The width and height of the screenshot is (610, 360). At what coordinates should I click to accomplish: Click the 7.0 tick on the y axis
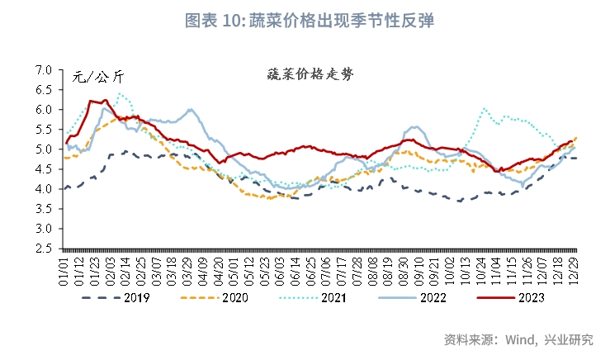pos(44,70)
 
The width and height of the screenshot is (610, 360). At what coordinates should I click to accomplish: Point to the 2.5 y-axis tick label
pos(44,248)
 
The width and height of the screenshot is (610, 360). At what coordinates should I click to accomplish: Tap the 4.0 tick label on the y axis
pos(44,189)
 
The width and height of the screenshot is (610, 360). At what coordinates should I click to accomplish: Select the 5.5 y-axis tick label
pos(44,130)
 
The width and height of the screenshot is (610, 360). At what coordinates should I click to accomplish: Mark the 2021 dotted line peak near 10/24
pos(484,108)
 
